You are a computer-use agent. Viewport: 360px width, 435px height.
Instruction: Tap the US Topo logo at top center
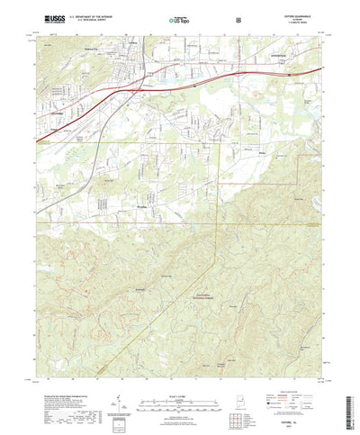click(x=179, y=18)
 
